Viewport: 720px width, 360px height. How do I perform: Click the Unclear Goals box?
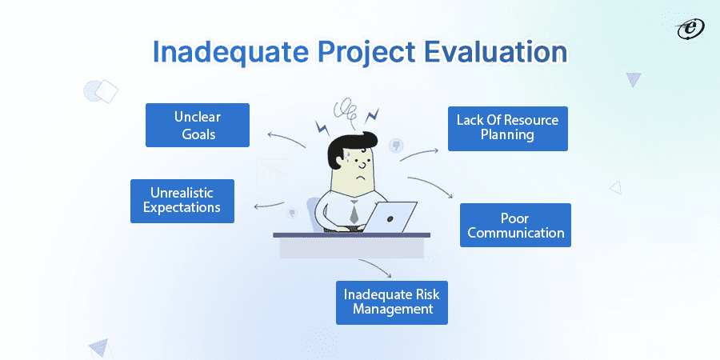click(197, 125)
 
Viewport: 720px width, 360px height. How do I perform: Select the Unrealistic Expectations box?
click(182, 200)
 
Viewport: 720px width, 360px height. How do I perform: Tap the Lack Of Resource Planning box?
click(507, 128)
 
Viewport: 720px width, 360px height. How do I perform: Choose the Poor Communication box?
click(515, 225)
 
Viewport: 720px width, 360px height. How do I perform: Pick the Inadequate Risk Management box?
click(391, 302)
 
